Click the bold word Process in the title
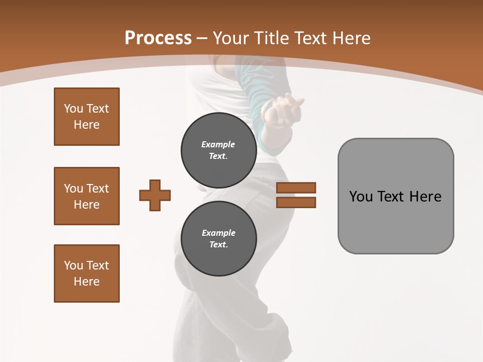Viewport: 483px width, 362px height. [x=158, y=38]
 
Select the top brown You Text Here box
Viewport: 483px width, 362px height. [x=87, y=117]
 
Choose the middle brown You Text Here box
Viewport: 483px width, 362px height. [x=87, y=196]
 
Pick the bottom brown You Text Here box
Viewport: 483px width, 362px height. [x=87, y=274]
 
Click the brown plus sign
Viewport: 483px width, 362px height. [x=155, y=195]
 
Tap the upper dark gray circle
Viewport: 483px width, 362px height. [x=218, y=150]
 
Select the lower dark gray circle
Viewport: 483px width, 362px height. [x=218, y=238]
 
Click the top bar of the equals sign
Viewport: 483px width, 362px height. [x=296, y=188]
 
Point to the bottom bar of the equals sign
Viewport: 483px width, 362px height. [x=296, y=202]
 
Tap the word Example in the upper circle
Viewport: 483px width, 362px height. [x=218, y=144]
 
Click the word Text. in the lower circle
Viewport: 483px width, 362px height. [x=218, y=245]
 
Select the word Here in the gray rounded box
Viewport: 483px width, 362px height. [x=425, y=197]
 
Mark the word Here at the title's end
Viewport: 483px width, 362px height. [x=352, y=38]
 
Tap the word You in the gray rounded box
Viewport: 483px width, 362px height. [x=361, y=197]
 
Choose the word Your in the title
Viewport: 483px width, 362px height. [x=231, y=38]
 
